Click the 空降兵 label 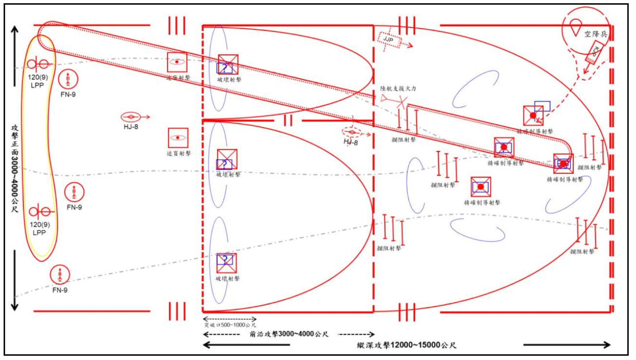pos(595,34)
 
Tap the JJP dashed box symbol pos(389,39)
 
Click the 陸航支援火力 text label pos(398,88)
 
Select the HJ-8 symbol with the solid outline pos(131,117)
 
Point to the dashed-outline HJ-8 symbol pos(352,133)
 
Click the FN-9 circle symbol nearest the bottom pos(60,275)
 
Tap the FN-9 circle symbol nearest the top pos(68,79)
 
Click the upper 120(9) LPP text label pos(37,81)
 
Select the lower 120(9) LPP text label pos(40,229)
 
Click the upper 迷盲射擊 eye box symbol pos(177,62)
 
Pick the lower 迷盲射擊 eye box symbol pos(178,138)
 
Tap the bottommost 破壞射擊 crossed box pos(226,263)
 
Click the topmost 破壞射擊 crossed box pos(228,65)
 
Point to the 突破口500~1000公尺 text pos(230,325)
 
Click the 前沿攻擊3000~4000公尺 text pos(289,334)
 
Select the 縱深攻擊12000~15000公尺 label pos(406,345)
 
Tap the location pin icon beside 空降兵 pos(575,27)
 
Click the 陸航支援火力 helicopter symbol pos(394,100)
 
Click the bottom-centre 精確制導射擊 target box pos(481,187)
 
